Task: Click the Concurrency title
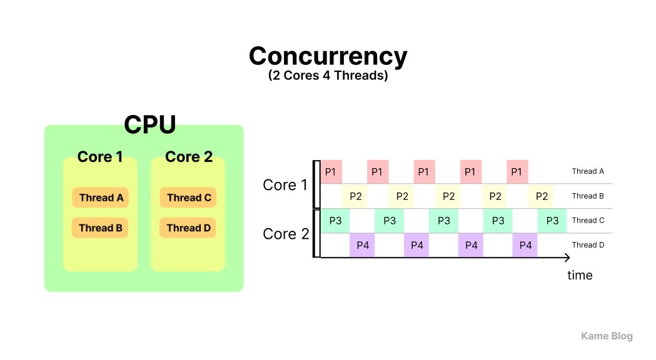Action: (x=328, y=56)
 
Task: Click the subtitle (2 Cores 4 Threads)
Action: (x=328, y=76)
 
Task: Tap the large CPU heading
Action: (x=149, y=124)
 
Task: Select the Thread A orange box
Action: (x=101, y=197)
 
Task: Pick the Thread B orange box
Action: (x=100, y=227)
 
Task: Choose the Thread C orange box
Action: (x=188, y=197)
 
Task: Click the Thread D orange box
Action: (x=188, y=227)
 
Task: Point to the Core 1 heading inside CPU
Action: (x=100, y=157)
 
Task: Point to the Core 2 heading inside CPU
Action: (x=189, y=157)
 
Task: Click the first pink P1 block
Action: (x=331, y=171)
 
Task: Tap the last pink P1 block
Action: (x=517, y=171)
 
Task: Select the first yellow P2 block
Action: (x=355, y=196)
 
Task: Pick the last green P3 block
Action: (x=552, y=221)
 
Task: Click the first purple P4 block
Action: (x=363, y=245)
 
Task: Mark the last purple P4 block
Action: (x=525, y=245)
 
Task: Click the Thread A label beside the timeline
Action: (x=587, y=171)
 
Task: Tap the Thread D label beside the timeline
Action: (x=588, y=245)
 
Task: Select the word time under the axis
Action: (x=580, y=275)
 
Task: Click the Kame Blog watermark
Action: (x=607, y=336)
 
